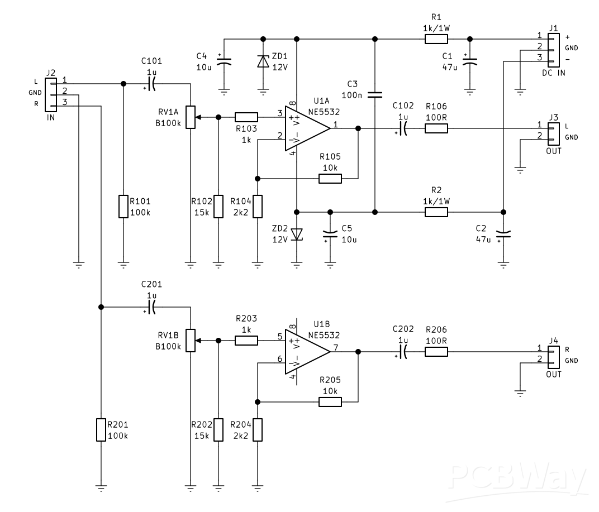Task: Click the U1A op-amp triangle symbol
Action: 305,128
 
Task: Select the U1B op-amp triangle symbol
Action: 305,352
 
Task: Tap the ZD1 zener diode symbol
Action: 263,61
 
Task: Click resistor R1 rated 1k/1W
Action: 436,39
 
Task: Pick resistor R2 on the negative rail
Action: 436,212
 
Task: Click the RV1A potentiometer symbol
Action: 191,117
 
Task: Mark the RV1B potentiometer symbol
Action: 191,341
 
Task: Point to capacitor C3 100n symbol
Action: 375,94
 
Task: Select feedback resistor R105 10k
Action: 330,179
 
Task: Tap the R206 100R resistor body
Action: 436,352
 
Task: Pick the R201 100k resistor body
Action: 101,430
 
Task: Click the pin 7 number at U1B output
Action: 336,348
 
